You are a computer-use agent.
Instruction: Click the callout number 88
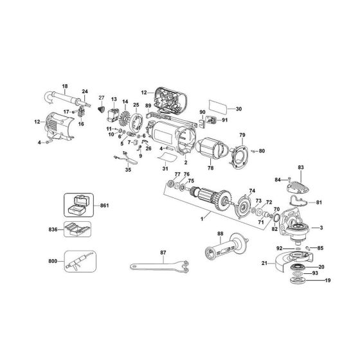click(x=220, y=234)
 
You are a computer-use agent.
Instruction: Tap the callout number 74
click(x=253, y=191)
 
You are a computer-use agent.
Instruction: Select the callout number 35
click(x=128, y=171)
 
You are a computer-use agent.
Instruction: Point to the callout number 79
click(x=242, y=135)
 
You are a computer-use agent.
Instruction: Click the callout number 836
click(x=53, y=230)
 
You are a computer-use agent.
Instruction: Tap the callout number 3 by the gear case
click(x=321, y=228)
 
